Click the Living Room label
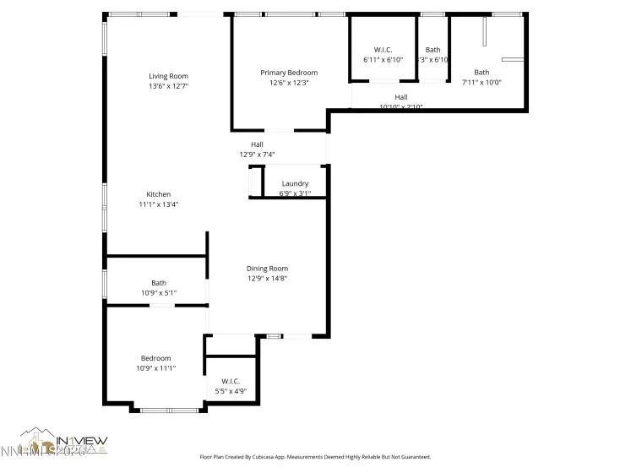[x=168, y=76]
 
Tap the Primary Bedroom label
[x=288, y=73]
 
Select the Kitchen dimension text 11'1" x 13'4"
[x=159, y=204]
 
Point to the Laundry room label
[x=295, y=183]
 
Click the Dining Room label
[x=267, y=268]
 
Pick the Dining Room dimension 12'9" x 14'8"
[x=267, y=278]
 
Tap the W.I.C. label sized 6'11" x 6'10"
[x=383, y=50]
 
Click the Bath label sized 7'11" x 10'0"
[x=481, y=73]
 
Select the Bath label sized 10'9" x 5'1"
[x=159, y=283]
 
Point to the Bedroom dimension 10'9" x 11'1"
[x=155, y=368]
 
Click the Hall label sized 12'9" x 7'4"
[x=257, y=144]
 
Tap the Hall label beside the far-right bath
[x=400, y=97]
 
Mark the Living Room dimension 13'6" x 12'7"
[x=168, y=86]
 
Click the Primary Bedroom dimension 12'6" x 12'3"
[x=288, y=83]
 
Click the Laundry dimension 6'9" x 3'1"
[x=295, y=193]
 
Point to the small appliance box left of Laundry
[x=254, y=182]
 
